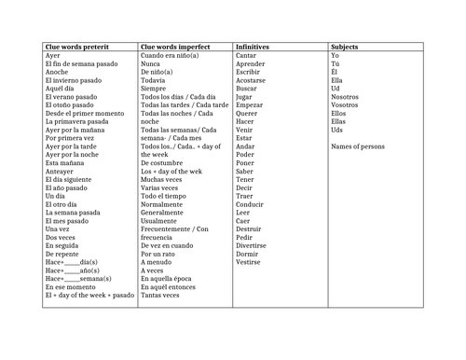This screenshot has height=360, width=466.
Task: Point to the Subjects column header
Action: coord(345,46)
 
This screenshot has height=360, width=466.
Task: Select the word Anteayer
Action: coord(61,171)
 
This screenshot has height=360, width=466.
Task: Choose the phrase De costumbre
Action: coord(164,162)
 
